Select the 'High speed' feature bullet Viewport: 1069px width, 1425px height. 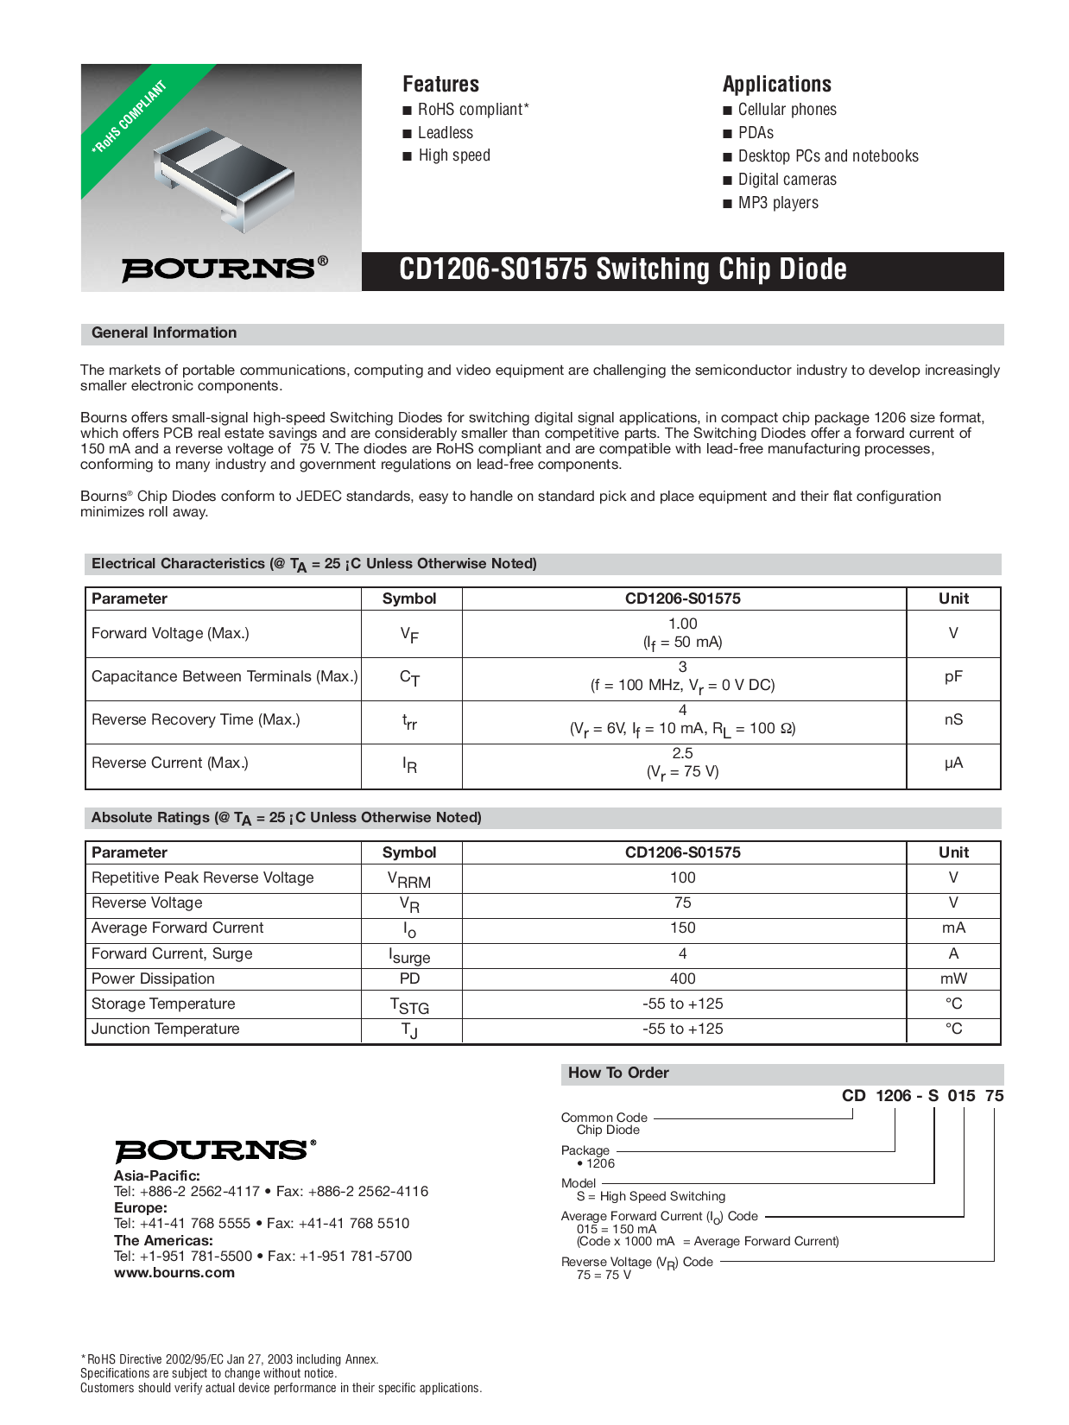pos(453,155)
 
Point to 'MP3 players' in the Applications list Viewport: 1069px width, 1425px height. pos(777,203)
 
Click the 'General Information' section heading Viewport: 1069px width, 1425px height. pos(164,333)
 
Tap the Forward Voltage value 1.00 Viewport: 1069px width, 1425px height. pos(682,624)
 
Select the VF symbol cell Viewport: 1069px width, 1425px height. pos(410,635)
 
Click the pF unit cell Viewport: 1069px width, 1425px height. pos(953,677)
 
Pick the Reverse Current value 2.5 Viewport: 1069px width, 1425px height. pos(682,753)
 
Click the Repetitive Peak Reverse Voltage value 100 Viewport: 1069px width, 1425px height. pos(682,877)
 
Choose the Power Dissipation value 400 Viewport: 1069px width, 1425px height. pos(682,978)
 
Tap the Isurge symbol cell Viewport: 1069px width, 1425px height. pos(410,955)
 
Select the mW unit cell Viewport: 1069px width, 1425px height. pos(953,978)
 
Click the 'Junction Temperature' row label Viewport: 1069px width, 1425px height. pos(166,1029)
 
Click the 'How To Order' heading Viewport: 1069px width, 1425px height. pos(618,1073)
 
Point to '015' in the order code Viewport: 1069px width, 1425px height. pos(961,1095)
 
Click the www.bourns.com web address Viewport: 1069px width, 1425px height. pos(174,1272)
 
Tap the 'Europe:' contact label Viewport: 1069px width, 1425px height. pos(140,1207)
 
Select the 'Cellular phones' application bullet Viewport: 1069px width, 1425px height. pos(787,110)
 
